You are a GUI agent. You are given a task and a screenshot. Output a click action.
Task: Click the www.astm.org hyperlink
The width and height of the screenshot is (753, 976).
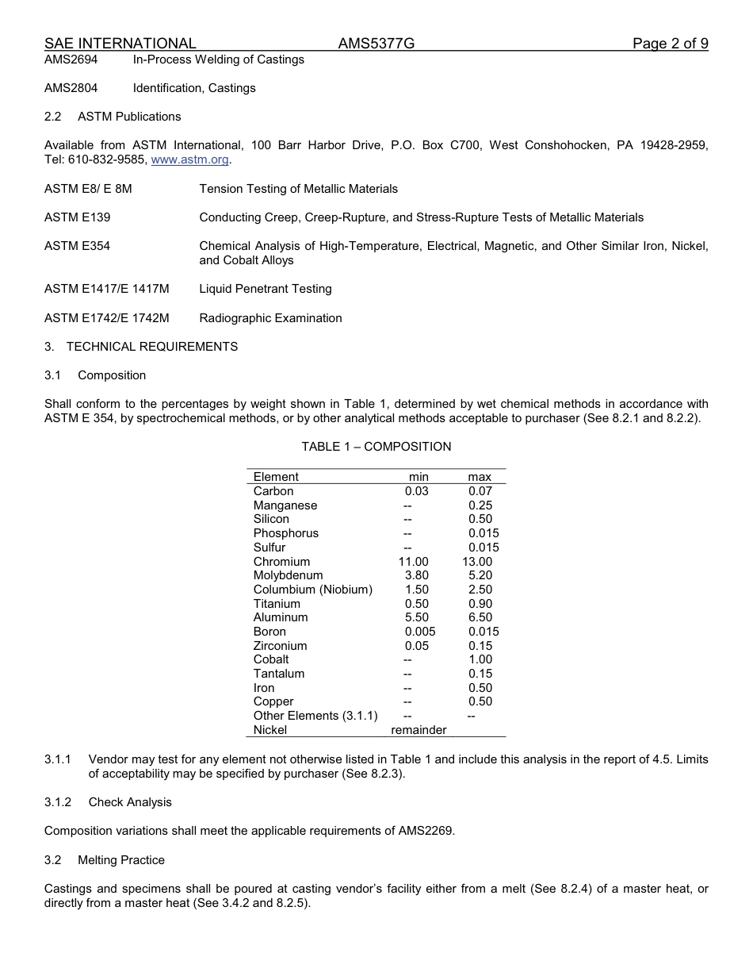pos(189,159)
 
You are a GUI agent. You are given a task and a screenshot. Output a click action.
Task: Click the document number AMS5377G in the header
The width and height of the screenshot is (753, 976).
pos(376,44)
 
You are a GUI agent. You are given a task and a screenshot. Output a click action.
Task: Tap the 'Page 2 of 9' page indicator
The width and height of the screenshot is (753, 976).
pos(670,44)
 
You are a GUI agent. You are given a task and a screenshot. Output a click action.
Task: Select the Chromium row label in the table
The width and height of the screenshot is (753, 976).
pos(281,562)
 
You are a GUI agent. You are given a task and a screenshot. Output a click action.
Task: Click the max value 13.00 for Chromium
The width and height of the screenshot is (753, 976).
pos(477,562)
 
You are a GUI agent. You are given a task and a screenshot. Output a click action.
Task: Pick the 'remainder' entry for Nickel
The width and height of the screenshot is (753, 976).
pos(419,730)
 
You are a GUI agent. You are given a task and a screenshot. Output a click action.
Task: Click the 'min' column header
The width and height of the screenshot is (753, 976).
pos(419,477)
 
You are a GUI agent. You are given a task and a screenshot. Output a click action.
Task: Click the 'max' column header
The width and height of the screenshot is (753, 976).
pos(480,477)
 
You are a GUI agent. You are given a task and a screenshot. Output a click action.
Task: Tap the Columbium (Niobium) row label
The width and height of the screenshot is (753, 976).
pos(312,590)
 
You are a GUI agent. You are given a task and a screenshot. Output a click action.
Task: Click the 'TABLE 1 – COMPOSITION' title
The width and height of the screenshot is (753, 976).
pos(376,447)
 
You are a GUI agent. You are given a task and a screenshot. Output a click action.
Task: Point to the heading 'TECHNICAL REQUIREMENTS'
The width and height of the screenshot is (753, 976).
pos(152,347)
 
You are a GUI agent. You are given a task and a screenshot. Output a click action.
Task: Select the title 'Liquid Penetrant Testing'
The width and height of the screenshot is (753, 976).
pos(265,289)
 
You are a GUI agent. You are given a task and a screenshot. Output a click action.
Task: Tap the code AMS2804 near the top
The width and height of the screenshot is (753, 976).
pos(71,88)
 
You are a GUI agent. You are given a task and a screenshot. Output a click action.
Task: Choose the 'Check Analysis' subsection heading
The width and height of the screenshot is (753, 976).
pos(130,802)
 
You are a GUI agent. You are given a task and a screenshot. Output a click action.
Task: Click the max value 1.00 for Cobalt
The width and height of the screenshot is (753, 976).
pos(480,659)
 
